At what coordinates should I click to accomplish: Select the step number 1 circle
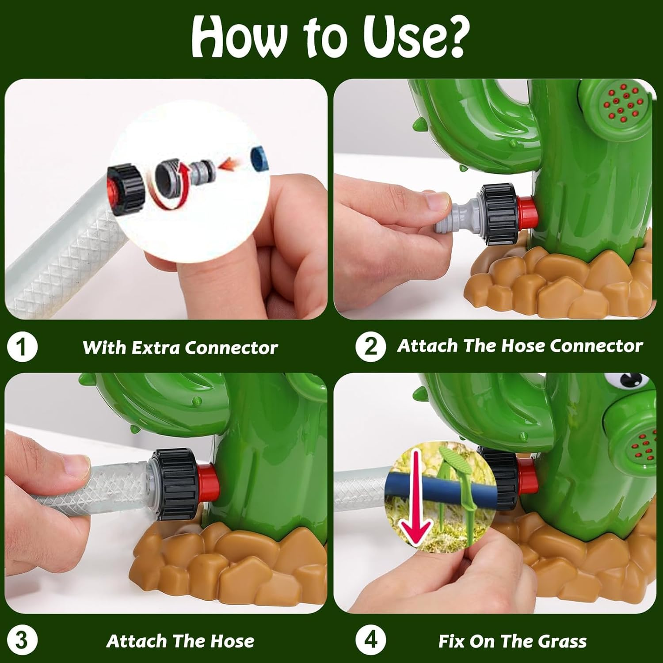(x=22, y=347)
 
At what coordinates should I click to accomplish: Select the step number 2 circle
(x=370, y=347)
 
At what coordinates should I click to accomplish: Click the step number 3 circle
(x=22, y=640)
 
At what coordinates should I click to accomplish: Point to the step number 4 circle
(x=370, y=640)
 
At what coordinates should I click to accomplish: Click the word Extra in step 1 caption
(x=156, y=348)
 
